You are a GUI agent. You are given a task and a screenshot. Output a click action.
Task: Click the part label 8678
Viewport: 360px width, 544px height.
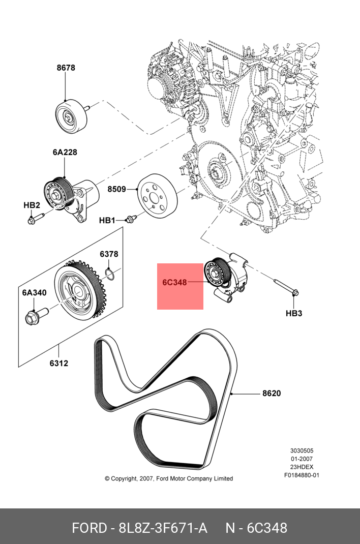[66, 68]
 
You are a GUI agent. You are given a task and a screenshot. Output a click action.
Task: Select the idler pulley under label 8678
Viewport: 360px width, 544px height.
[71, 116]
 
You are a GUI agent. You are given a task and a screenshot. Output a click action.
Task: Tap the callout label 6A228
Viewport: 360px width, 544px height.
[65, 152]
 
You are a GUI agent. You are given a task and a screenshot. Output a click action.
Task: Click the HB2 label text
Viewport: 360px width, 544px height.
[32, 205]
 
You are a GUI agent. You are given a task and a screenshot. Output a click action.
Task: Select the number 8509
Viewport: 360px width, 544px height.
[116, 190]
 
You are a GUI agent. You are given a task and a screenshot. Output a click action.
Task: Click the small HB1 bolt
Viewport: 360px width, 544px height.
[131, 219]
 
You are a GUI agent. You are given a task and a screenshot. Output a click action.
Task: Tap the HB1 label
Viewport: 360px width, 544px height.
[107, 220]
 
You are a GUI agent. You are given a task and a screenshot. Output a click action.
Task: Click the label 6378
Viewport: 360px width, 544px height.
[109, 254]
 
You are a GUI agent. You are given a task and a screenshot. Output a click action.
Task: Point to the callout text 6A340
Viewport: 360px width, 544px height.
[34, 293]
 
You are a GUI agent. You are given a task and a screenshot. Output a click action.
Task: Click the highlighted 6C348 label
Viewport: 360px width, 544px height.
[175, 282]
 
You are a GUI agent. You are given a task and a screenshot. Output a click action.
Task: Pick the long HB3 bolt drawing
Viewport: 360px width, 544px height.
[285, 286]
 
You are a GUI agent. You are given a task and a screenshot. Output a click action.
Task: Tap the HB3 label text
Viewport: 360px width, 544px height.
[294, 313]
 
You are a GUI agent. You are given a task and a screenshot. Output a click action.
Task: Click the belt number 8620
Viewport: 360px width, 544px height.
[272, 394]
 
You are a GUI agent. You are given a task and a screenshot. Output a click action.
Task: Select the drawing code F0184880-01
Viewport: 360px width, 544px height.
[302, 476]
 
